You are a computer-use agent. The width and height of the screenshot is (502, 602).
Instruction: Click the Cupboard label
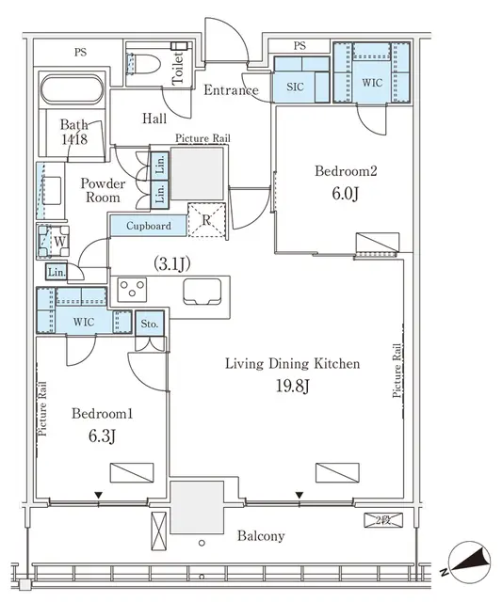(149, 226)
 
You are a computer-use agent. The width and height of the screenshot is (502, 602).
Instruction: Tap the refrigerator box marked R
(206, 219)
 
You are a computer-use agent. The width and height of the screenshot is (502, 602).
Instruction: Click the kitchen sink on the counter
(201, 290)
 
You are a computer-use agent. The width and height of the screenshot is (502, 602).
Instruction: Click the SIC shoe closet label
(295, 86)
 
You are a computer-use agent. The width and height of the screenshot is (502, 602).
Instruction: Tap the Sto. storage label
(149, 323)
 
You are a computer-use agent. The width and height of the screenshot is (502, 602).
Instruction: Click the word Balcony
(260, 535)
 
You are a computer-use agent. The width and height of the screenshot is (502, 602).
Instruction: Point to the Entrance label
(231, 90)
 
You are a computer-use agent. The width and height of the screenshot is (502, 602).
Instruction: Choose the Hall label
(154, 119)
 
